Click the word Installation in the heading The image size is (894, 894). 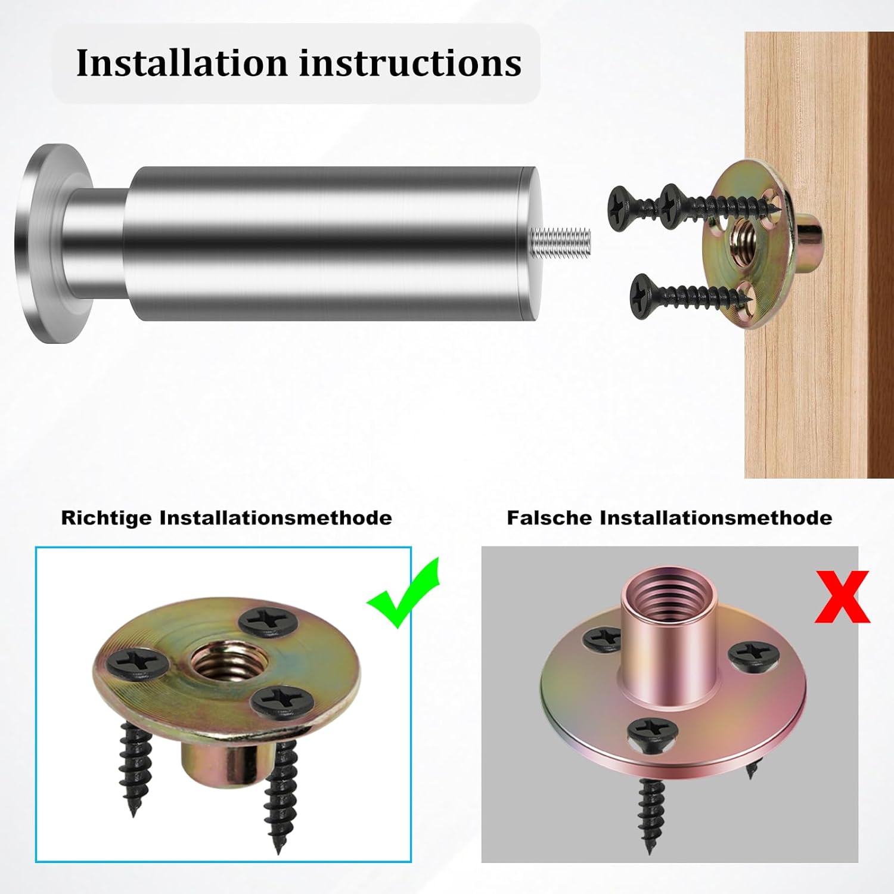click(x=182, y=63)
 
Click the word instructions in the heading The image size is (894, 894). click(x=410, y=63)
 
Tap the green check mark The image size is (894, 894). click(x=403, y=593)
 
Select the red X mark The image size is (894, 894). click(x=842, y=597)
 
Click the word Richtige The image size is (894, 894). click(x=107, y=517)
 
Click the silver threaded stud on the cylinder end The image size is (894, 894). click(x=560, y=241)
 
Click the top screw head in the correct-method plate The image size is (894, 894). click(x=268, y=621)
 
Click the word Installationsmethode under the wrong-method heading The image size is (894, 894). click(x=716, y=517)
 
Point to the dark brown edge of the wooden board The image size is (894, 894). click(x=880, y=255)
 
